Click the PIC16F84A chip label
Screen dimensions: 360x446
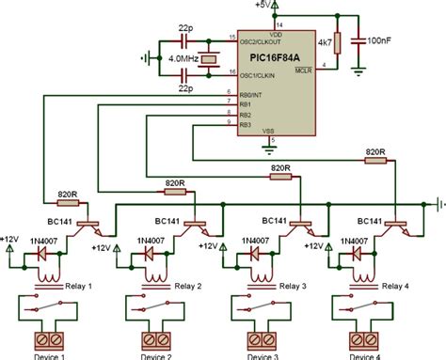point(268,56)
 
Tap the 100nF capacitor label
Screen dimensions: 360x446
point(382,40)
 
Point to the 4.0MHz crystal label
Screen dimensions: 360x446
point(184,60)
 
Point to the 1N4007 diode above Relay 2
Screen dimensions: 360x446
point(149,254)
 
